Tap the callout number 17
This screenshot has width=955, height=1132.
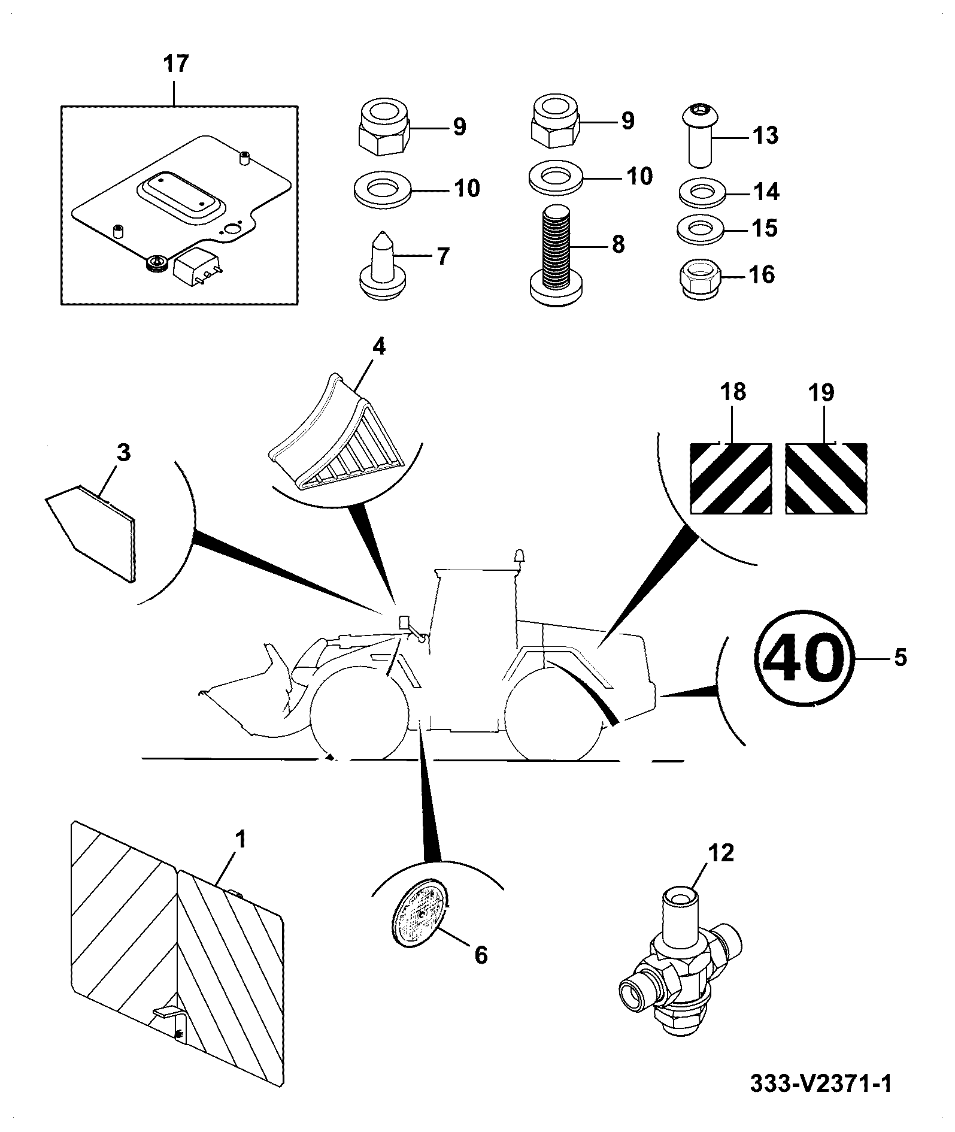pyautogui.click(x=175, y=63)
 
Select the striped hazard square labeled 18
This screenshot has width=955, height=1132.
pyautogui.click(x=730, y=478)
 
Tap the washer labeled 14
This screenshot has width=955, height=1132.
pyautogui.click(x=702, y=192)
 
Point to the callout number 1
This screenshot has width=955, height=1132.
pyautogui.click(x=239, y=840)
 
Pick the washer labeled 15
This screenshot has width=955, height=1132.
pyautogui.click(x=701, y=228)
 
